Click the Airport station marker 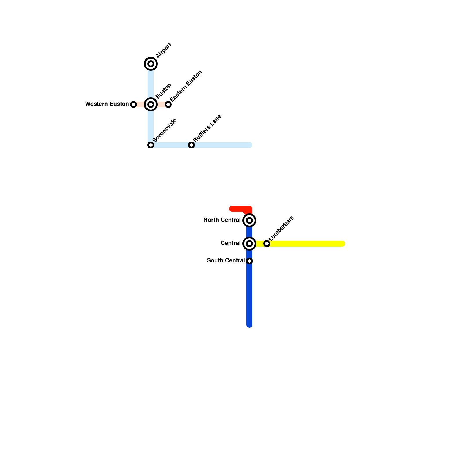pos(151,64)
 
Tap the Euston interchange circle pos(151,104)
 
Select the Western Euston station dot pos(133,104)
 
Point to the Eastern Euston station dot pos(168,104)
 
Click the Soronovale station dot pos(151,145)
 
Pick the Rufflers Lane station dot pos(191,145)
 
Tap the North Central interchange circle pos(249,220)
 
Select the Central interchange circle pos(249,244)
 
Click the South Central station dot pos(249,261)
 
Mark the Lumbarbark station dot pos(267,244)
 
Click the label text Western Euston pos(107,104)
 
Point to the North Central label pos(222,220)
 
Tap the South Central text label pos(226,260)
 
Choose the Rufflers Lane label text pos(207,128)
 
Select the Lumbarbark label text pos(281,228)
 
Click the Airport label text pos(164,50)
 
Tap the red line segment pos(239,209)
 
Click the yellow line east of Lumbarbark pos(307,244)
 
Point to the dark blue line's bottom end pos(249,325)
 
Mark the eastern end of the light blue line pos(250,145)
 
